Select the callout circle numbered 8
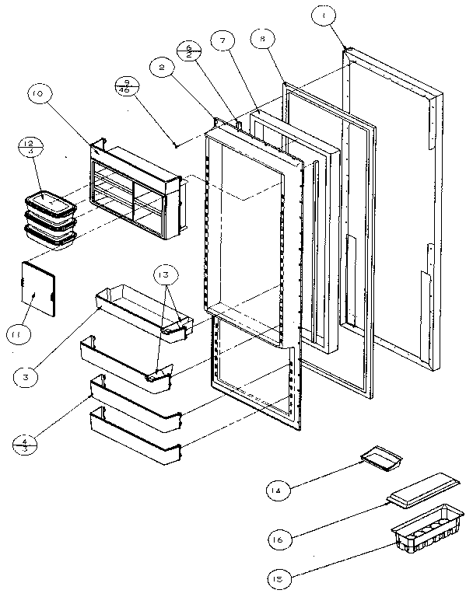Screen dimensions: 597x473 [x=263, y=39]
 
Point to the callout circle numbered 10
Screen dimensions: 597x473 [x=38, y=96]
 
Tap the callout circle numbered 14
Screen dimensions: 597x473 [x=275, y=491]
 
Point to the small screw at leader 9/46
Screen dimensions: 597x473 [x=177, y=145]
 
